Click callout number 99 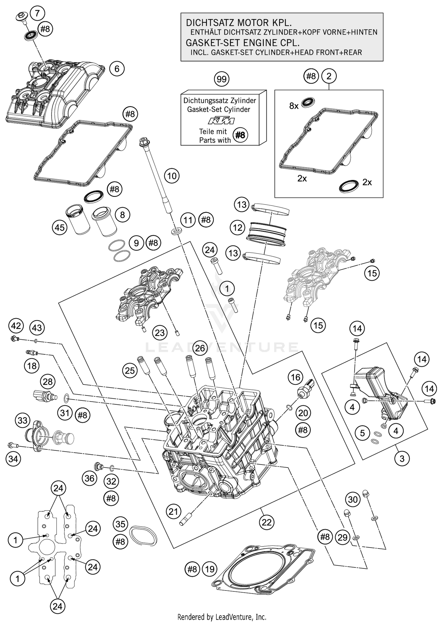coord(221,79)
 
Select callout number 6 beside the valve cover coord(117,69)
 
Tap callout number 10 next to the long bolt coord(172,176)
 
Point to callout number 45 coord(59,228)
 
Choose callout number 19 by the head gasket coord(210,569)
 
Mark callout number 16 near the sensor coord(295,377)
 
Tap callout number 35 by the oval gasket coord(120,524)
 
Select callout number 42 coord(16,326)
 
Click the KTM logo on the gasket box coord(221,121)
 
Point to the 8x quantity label coord(294,106)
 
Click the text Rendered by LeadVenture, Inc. coord(222,617)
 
